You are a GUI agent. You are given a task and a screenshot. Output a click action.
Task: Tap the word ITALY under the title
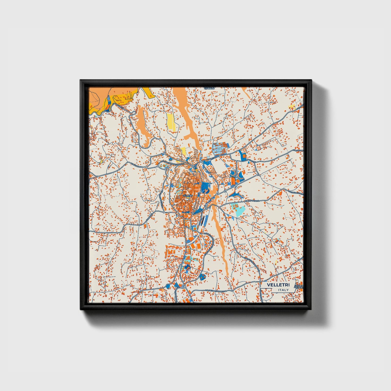click(x=283, y=290)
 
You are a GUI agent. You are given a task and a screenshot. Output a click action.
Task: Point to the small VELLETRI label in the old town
click(x=187, y=195)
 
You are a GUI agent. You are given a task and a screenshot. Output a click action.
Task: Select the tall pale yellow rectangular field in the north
click(x=171, y=123)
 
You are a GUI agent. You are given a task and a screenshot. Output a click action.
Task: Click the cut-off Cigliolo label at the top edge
click(x=209, y=88)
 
